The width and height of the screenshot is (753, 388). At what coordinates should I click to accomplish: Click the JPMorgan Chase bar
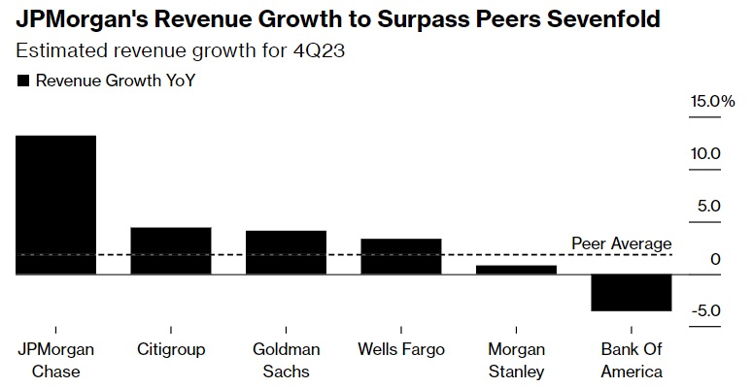point(55,205)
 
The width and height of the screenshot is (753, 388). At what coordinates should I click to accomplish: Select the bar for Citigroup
point(170,250)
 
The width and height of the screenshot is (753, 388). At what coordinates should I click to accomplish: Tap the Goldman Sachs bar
point(285,252)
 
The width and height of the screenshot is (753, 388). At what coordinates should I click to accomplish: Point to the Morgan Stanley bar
point(515,270)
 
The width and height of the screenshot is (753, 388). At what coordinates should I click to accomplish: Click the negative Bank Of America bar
point(631,293)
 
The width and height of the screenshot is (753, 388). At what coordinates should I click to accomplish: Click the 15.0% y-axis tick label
point(713,101)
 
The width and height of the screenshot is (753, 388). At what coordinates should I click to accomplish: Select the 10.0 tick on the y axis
point(714,153)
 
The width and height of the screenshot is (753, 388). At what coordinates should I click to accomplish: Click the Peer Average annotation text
point(621,243)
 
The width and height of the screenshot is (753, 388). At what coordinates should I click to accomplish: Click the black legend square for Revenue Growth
point(24,81)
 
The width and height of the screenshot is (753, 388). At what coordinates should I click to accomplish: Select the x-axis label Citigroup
point(170,349)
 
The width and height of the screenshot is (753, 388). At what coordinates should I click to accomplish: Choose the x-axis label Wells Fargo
point(400,349)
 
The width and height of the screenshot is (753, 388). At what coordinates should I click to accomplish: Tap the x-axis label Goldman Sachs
point(285,360)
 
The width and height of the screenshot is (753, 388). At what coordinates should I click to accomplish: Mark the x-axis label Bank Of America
point(631,360)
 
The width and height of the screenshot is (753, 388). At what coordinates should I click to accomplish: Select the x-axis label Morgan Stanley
point(515,360)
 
